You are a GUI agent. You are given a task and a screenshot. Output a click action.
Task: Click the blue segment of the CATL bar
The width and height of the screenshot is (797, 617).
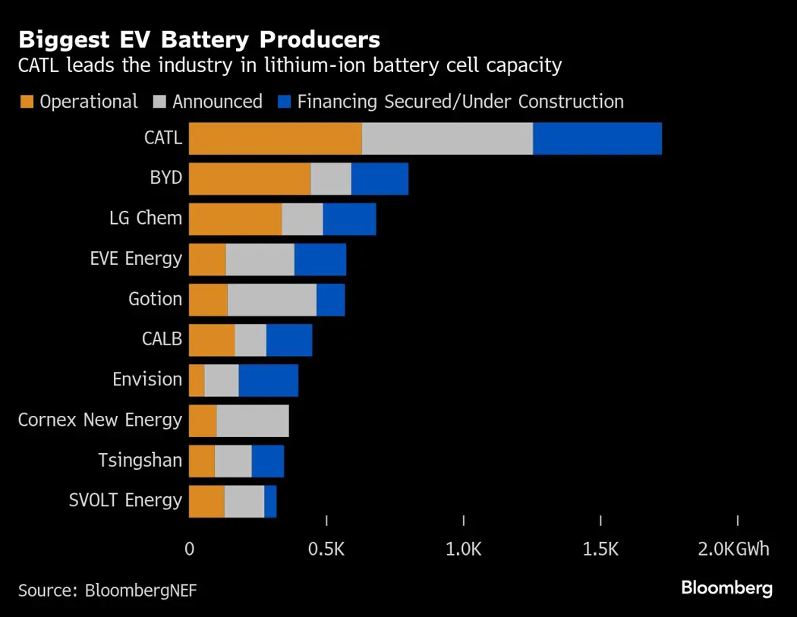pos(597,138)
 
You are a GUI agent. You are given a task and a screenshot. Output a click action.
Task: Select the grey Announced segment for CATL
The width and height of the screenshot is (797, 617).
pos(447,138)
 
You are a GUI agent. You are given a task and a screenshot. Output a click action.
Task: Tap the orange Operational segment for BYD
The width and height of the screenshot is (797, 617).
pos(250,178)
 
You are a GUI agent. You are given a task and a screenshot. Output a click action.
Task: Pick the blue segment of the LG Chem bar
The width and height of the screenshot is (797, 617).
pos(349,219)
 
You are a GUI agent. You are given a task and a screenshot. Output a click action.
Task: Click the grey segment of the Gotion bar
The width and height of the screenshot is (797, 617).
pos(272,299)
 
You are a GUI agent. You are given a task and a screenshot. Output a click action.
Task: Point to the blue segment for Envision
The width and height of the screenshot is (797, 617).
pos(268,379)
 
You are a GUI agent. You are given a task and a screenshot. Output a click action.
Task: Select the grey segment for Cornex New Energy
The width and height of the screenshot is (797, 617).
pos(252,420)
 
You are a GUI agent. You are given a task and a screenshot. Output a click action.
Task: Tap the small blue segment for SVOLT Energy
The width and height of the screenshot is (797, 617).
pos(270,502)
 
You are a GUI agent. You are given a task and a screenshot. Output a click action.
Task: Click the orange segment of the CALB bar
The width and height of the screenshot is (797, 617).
pos(212,339)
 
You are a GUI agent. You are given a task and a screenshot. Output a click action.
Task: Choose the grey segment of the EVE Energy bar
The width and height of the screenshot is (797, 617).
pos(260,259)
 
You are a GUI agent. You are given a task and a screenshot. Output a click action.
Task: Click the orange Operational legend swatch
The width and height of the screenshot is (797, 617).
pos(27,102)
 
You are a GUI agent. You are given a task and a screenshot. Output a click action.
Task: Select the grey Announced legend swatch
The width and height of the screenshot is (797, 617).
pos(159,102)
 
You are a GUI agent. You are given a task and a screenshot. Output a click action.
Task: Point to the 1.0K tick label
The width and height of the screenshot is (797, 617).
pos(463,549)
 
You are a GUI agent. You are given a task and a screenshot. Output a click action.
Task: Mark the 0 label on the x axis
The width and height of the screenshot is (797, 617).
pos(189,549)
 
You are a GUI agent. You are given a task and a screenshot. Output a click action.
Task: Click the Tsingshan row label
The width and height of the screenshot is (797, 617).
pos(140,460)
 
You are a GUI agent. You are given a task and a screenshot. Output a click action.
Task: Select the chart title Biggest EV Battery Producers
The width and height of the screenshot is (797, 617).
pos(200,39)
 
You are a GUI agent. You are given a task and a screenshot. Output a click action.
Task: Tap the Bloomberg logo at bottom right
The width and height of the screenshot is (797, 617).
pos(726,587)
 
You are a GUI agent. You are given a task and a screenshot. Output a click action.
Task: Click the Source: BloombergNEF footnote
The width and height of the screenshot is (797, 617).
pos(107,590)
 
